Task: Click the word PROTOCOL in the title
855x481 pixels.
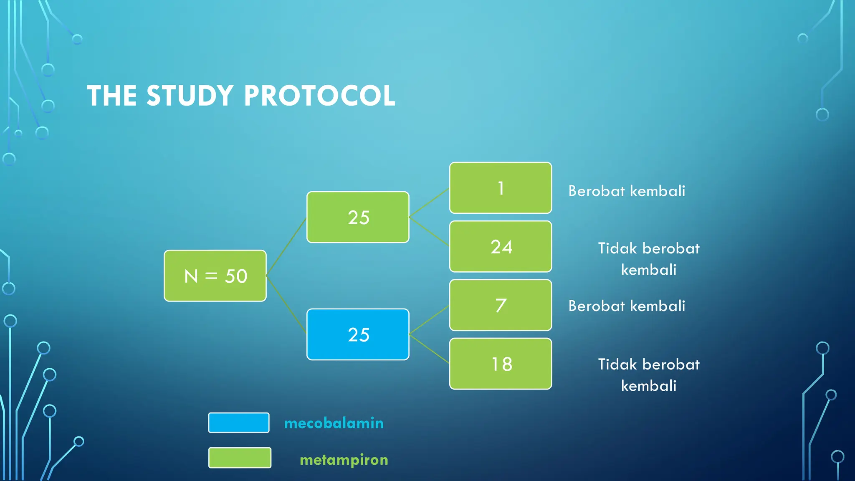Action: pyautogui.click(x=319, y=96)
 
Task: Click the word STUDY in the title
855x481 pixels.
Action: pyautogui.click(x=190, y=96)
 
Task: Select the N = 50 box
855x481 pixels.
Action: pyautogui.click(x=215, y=276)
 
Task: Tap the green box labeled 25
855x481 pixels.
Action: pyautogui.click(x=358, y=217)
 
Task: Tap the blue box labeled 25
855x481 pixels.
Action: pyautogui.click(x=358, y=334)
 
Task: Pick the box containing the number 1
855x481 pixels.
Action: pyautogui.click(x=501, y=188)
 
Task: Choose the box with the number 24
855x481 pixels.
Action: pyautogui.click(x=501, y=247)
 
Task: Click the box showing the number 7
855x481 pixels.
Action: pyautogui.click(x=501, y=305)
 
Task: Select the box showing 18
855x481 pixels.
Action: pyautogui.click(x=501, y=364)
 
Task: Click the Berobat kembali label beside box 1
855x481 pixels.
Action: pyautogui.click(x=627, y=191)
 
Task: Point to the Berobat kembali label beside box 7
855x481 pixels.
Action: pyautogui.click(x=627, y=306)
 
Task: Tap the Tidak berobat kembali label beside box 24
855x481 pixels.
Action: pyautogui.click(x=648, y=259)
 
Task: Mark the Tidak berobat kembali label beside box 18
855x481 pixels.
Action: pyautogui.click(x=648, y=375)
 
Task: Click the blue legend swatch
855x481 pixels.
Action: pyautogui.click(x=239, y=423)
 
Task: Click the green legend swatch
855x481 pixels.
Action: pyautogui.click(x=240, y=458)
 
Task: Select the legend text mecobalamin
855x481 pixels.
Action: pyautogui.click(x=334, y=423)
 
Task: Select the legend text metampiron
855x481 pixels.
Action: pyautogui.click(x=344, y=460)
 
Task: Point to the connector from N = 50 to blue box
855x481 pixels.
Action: pyautogui.click(x=286, y=304)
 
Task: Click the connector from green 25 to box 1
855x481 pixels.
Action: pyautogui.click(x=429, y=203)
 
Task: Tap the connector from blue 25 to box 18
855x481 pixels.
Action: pyautogui.click(x=429, y=349)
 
